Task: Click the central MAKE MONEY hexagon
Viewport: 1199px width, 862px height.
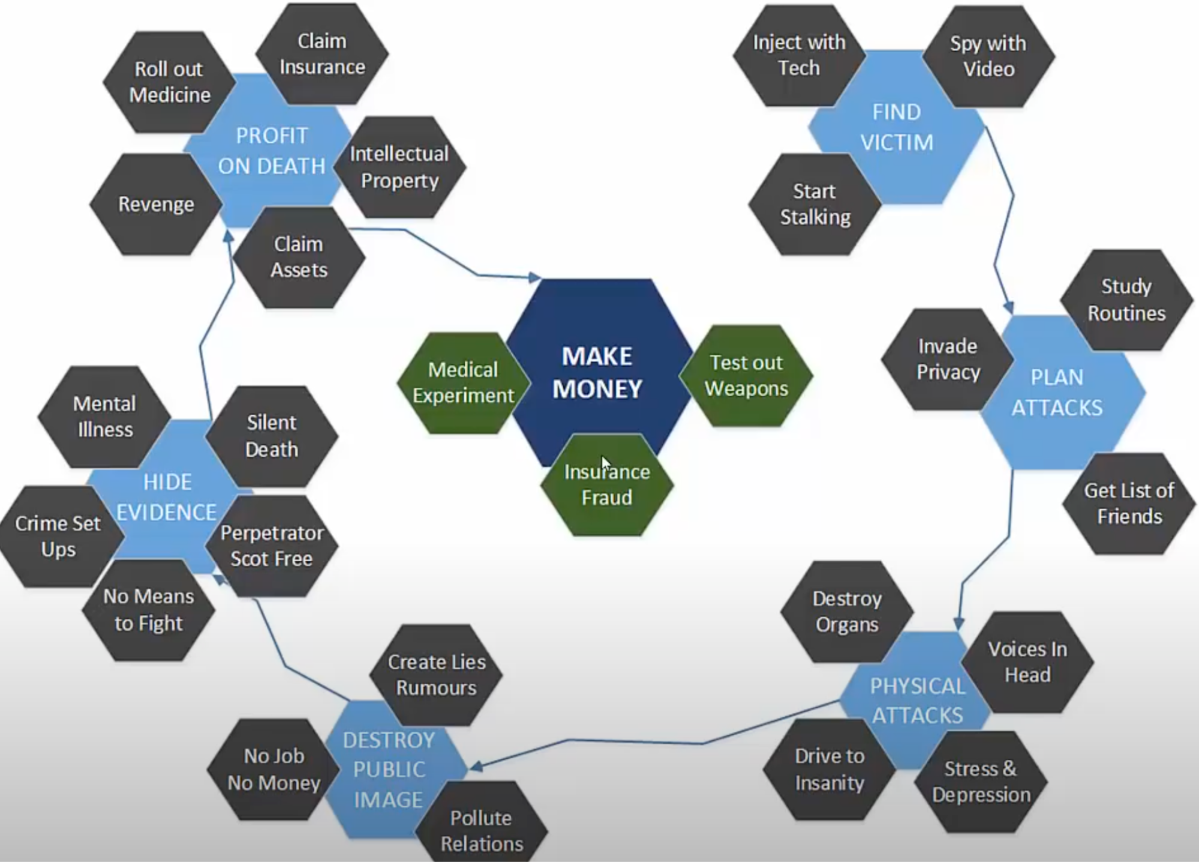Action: pyautogui.click(x=599, y=372)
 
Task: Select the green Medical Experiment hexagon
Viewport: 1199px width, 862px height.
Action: pyautogui.click(x=463, y=382)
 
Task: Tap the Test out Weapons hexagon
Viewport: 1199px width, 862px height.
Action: pyautogui.click(x=746, y=376)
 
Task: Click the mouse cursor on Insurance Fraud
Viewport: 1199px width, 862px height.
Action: pyautogui.click(x=606, y=464)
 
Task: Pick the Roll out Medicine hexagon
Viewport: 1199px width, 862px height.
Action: pyautogui.click(x=169, y=82)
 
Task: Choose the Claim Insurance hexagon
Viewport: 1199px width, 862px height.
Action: pyautogui.click(x=322, y=54)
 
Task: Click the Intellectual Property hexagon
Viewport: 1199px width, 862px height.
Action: pyautogui.click(x=399, y=167)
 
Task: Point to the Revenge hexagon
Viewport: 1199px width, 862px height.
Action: pyautogui.click(x=156, y=204)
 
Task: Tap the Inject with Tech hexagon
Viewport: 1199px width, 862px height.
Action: pyautogui.click(x=799, y=55)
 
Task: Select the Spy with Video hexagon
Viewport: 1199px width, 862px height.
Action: pyautogui.click(x=988, y=56)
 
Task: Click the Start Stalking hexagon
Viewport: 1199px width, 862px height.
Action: pyautogui.click(x=815, y=204)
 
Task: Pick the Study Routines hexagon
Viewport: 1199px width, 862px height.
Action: pyautogui.click(x=1126, y=300)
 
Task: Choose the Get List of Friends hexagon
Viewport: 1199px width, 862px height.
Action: pyautogui.click(x=1129, y=504)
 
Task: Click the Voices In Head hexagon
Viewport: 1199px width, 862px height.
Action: pyautogui.click(x=1027, y=662)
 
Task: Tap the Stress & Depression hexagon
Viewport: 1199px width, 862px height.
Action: pyautogui.click(x=981, y=782)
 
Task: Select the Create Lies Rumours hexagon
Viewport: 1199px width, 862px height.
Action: pyautogui.click(x=436, y=675)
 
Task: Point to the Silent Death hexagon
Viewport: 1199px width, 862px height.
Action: pyautogui.click(x=272, y=436)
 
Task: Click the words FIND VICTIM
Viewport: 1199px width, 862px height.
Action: pyautogui.click(x=897, y=127)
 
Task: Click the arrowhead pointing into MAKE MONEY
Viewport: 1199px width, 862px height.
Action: pyautogui.click(x=534, y=277)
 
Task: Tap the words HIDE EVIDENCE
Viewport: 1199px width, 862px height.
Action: pyautogui.click(x=166, y=497)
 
